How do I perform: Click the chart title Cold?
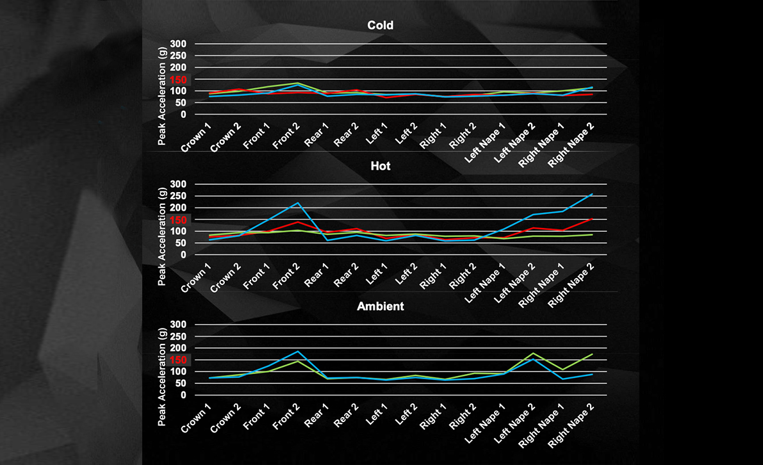[381, 26]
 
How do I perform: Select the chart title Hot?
[381, 166]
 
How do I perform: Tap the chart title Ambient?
[381, 306]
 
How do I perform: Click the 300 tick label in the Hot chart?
[178, 184]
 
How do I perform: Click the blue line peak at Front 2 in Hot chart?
[297, 203]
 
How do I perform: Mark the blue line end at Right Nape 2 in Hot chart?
[592, 194]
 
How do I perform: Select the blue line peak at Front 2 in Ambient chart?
[297, 351]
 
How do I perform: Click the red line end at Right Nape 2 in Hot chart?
[592, 218]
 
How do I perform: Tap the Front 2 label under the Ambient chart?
[287, 418]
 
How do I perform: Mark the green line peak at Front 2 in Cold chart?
[297, 83]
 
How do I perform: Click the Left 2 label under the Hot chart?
[406, 277]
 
